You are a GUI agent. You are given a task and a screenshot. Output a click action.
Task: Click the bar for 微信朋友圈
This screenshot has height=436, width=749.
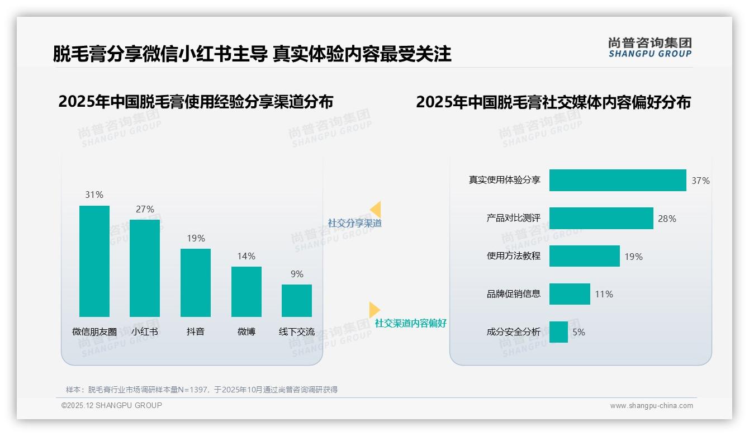[x=94, y=261]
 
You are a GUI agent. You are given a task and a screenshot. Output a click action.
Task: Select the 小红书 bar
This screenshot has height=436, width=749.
[x=145, y=268]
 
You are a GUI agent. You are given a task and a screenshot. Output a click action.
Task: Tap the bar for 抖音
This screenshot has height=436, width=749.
[x=196, y=283]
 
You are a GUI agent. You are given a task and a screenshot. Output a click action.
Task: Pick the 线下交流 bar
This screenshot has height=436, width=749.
[x=297, y=301]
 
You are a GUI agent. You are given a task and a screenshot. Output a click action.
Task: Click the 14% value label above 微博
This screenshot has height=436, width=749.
[x=246, y=257]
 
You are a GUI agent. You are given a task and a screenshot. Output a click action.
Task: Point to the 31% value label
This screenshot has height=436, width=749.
[x=94, y=195]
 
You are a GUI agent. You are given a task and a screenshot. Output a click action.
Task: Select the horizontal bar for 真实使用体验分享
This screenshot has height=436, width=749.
[x=618, y=181]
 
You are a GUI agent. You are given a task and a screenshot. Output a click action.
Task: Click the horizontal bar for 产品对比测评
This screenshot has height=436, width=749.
[x=601, y=219]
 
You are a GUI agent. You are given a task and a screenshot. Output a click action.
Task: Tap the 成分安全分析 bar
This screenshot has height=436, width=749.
[x=558, y=332]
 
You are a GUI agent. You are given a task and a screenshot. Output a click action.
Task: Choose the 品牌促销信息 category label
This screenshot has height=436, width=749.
[x=514, y=294]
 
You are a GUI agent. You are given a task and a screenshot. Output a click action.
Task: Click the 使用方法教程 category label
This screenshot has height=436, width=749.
[x=514, y=256]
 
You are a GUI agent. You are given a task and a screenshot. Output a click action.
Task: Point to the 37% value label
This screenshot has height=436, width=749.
[x=700, y=181]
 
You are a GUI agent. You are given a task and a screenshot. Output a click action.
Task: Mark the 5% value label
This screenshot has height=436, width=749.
[x=579, y=332]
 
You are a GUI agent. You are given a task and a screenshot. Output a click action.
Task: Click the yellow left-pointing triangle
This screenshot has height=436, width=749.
[x=376, y=210]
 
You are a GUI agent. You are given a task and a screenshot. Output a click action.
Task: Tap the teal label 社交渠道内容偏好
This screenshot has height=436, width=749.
[x=411, y=323]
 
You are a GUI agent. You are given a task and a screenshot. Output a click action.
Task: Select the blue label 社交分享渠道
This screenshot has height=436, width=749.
[x=355, y=223]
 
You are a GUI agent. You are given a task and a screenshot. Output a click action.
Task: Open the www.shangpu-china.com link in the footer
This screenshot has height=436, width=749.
[x=651, y=406]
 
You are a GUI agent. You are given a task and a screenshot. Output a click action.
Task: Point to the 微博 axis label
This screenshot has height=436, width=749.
[x=246, y=331]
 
